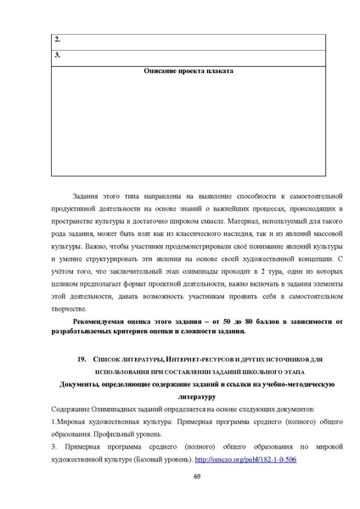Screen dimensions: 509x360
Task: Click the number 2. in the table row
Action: pos(57,40)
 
